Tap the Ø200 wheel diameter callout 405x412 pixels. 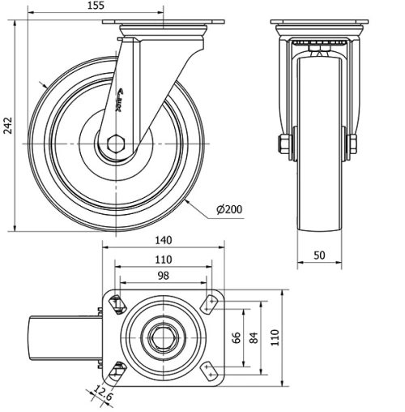230,210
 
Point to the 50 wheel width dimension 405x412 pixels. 319,255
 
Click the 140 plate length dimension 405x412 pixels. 164,241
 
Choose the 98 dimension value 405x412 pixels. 164,277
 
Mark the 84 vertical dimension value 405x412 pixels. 254,338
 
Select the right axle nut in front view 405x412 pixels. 354,145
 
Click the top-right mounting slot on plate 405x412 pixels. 211,305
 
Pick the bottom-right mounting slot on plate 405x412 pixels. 211,371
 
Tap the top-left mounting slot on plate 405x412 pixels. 117,305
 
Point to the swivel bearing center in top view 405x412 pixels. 164,337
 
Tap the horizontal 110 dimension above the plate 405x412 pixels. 164,260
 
